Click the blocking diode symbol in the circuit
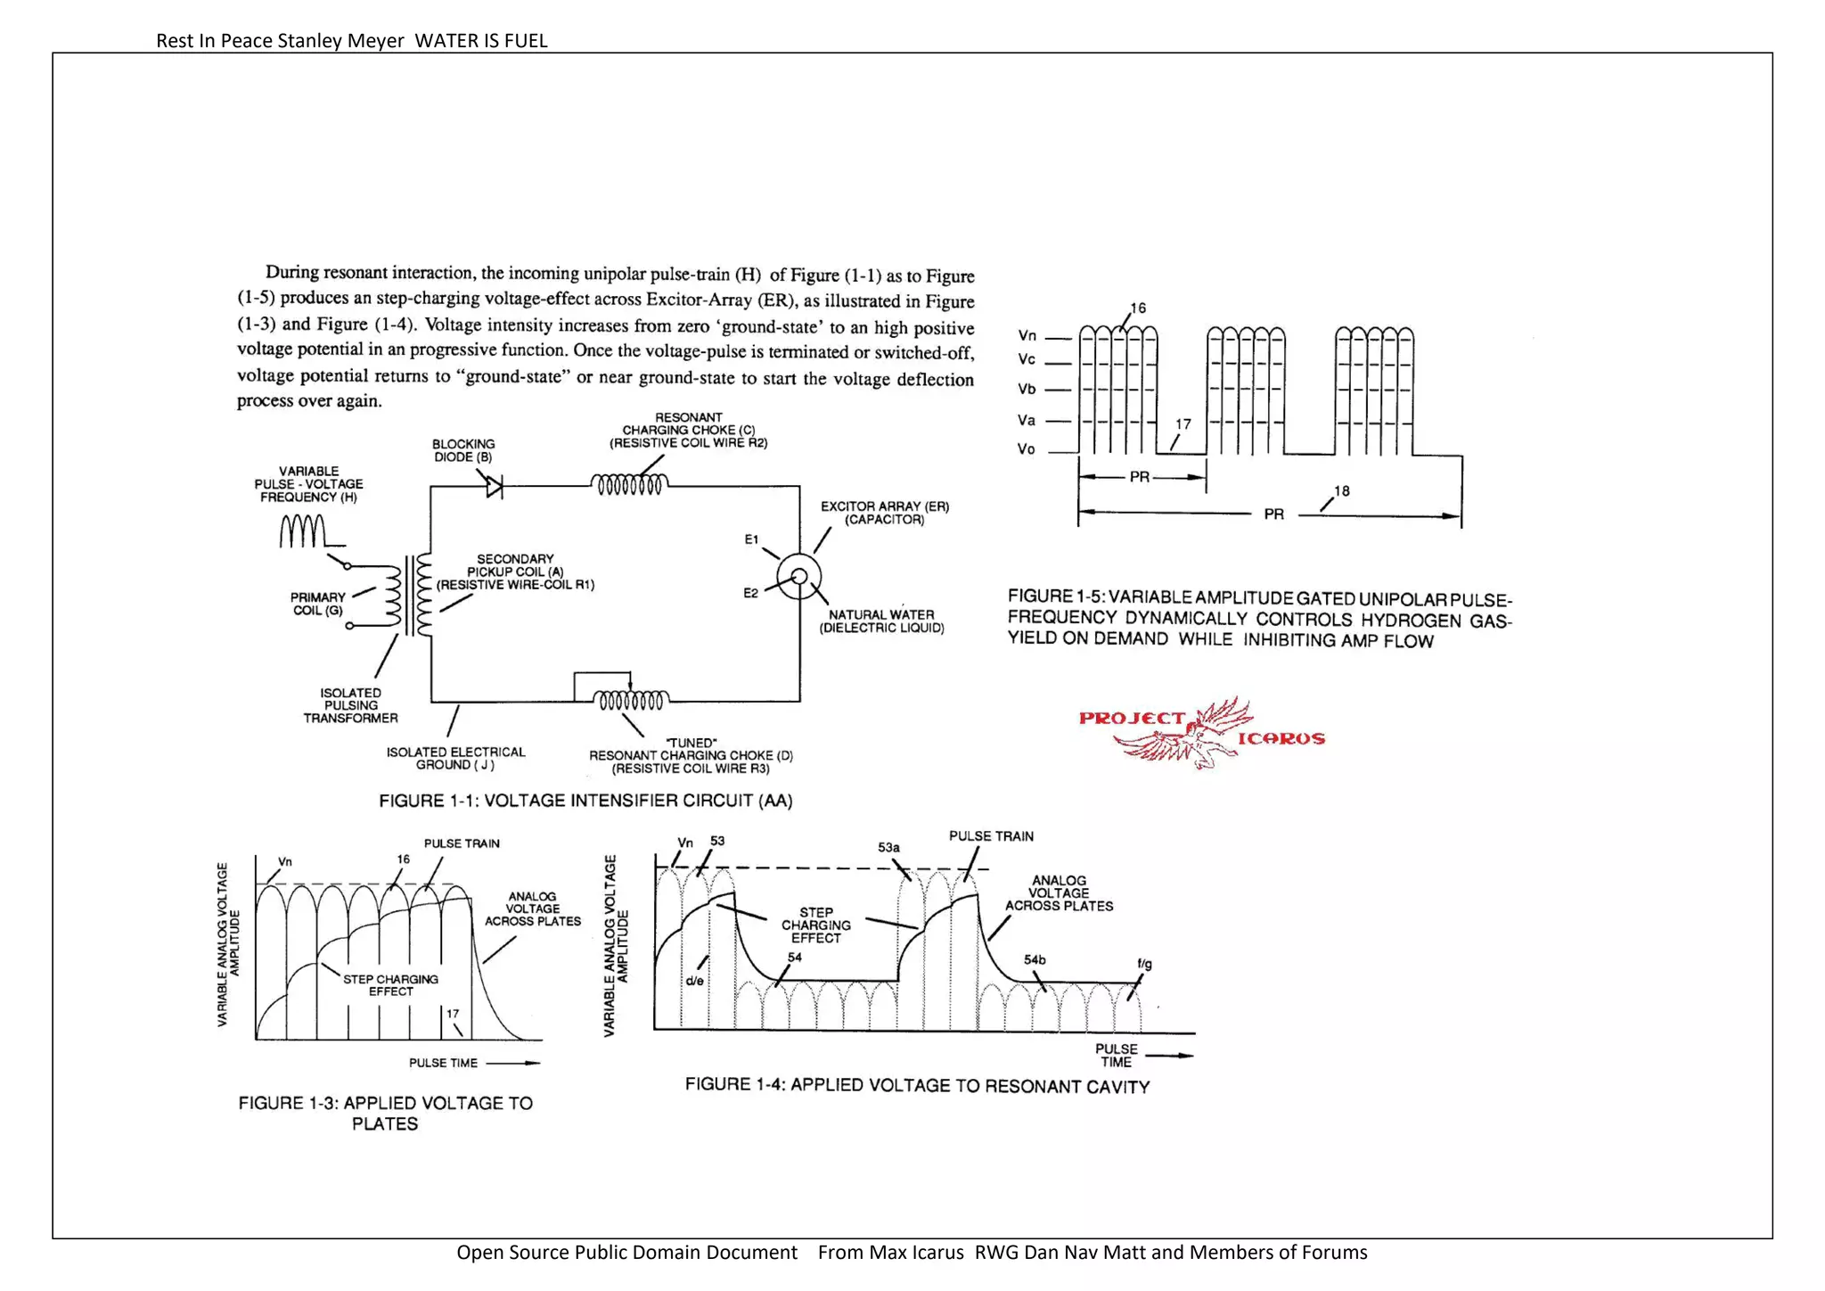click(494, 487)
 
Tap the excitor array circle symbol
click(798, 577)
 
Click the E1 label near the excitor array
click(751, 539)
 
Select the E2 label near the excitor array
click(750, 593)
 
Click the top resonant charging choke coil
click(628, 485)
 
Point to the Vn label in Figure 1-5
click(1027, 336)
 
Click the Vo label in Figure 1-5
click(1026, 449)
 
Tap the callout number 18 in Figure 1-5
click(1341, 491)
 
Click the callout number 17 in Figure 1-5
click(1183, 424)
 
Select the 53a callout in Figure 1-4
click(888, 847)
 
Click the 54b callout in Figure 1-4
click(1035, 960)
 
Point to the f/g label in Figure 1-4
click(1144, 964)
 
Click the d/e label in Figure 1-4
click(694, 981)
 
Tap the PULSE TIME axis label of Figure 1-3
click(443, 1063)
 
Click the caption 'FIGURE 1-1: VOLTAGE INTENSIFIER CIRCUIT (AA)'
click(585, 801)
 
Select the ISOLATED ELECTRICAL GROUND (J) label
click(455, 759)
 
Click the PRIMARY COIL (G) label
click(317, 604)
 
